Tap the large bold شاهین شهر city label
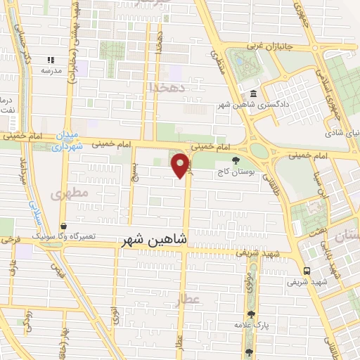pyautogui.click(x=154, y=240)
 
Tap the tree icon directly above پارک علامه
pyautogui.click(x=252, y=314)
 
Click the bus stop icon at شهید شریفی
pyautogui.click(x=307, y=271)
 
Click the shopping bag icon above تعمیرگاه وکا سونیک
pyautogui.click(x=64, y=227)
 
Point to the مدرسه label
pyautogui.click(x=49, y=72)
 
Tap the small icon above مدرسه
pyautogui.click(x=50, y=60)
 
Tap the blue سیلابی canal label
pyautogui.click(x=33, y=210)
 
